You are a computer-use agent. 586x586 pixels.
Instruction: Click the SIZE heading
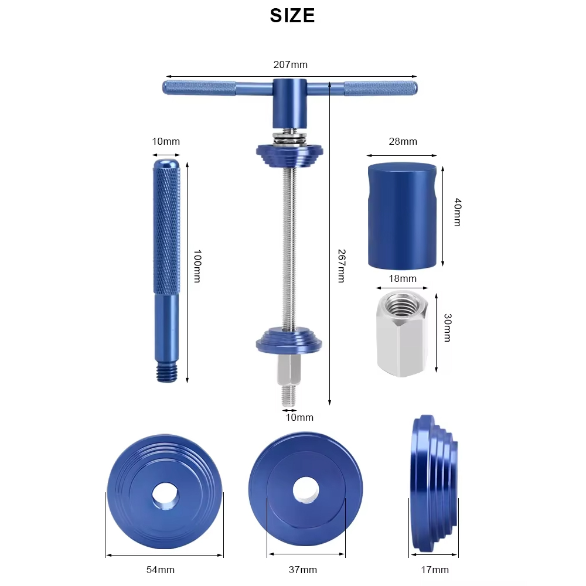pyautogui.click(x=292, y=16)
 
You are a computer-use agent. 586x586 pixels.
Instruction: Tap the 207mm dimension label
pyautogui.click(x=290, y=64)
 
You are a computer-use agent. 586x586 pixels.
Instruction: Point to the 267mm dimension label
pyautogui.click(x=340, y=265)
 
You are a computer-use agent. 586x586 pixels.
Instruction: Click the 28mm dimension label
pyautogui.click(x=403, y=141)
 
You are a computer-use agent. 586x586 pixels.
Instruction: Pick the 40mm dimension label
pyautogui.click(x=458, y=213)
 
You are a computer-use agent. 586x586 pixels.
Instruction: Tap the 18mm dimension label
pyautogui.click(x=403, y=278)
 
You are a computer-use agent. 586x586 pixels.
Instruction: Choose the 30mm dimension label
pyautogui.click(x=447, y=328)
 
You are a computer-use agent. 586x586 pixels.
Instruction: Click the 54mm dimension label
pyautogui.click(x=160, y=570)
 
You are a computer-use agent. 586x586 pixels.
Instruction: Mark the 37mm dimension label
pyautogui.click(x=302, y=570)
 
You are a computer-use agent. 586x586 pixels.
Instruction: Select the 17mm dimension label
pyautogui.click(x=434, y=570)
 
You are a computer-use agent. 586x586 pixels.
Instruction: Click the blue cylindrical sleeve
pyautogui.click(x=402, y=216)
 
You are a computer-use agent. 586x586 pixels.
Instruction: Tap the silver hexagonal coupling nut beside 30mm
pyautogui.click(x=402, y=334)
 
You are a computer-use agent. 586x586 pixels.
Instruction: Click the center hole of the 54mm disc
pyautogui.click(x=164, y=496)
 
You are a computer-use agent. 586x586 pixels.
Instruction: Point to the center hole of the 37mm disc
pyautogui.click(x=305, y=490)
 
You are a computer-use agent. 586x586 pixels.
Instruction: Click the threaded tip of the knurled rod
pyautogui.click(x=166, y=373)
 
